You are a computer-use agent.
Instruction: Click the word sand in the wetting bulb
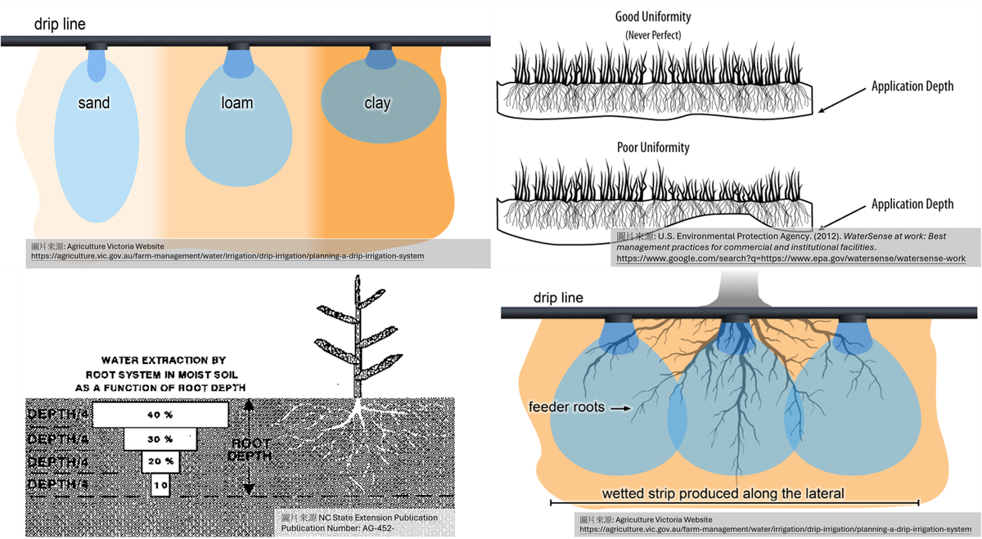(95, 103)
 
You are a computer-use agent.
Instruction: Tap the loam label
(236, 103)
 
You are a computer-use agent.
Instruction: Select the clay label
(377, 103)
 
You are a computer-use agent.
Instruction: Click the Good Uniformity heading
(653, 16)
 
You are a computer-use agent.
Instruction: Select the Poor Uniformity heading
(653, 148)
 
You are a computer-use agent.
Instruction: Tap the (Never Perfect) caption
(653, 34)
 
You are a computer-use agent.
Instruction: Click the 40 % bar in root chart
(160, 415)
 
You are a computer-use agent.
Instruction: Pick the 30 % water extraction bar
(160, 438)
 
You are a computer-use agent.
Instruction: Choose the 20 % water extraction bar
(160, 461)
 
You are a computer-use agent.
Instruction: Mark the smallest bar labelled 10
(160, 485)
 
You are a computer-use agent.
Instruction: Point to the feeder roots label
(567, 406)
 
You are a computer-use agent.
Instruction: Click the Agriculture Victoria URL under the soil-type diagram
(226, 256)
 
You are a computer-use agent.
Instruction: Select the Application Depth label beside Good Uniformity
(912, 87)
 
